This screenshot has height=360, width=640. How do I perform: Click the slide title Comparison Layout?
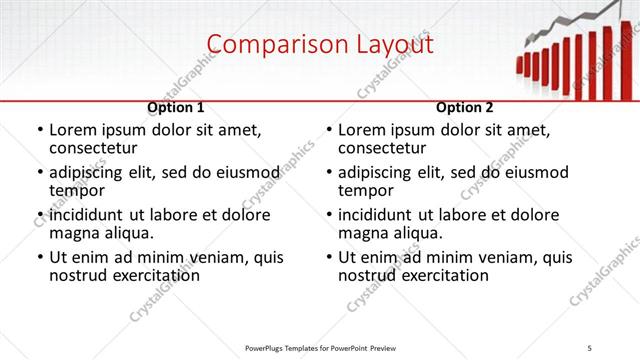(x=320, y=45)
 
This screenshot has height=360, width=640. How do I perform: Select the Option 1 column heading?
(x=176, y=107)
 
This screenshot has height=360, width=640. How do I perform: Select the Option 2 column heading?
(x=465, y=107)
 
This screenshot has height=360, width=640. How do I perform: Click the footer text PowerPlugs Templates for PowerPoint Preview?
(x=320, y=347)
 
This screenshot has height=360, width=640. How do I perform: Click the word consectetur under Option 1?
(x=95, y=149)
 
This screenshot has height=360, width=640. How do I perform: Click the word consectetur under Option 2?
(x=384, y=149)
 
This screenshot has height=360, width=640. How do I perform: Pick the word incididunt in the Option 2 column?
(x=377, y=215)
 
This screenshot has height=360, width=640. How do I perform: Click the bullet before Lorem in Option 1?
(x=39, y=131)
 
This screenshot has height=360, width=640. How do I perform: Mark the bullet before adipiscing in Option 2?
(x=328, y=173)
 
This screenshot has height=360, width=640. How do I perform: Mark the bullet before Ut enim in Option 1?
(x=39, y=257)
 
